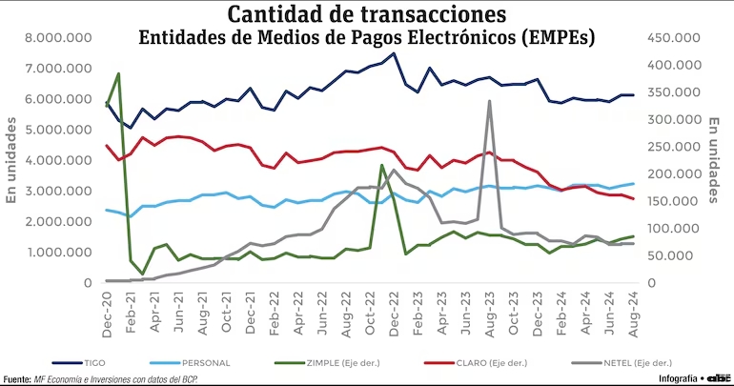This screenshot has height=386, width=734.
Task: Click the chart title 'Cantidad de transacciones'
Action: click(x=366, y=14)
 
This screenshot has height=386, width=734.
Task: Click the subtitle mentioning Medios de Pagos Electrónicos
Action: click(x=366, y=38)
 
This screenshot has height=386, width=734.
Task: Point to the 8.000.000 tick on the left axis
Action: click(x=59, y=38)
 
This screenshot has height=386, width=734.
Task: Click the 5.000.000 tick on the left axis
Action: click(x=59, y=130)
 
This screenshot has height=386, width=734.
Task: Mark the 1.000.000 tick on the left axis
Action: click(x=59, y=253)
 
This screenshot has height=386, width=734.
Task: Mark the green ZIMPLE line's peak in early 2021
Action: click(x=118, y=73)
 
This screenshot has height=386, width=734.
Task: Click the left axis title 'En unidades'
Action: click(x=12, y=162)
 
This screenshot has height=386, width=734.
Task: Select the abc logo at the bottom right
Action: click(x=718, y=377)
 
